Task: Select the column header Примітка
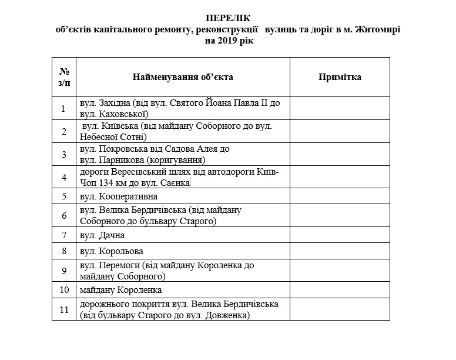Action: coord(340,77)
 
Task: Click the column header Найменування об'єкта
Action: coord(183,77)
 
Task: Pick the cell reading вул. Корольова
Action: coord(112,251)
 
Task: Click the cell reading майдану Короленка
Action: coord(120,290)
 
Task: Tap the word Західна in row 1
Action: coord(116,102)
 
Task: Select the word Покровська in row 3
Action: coord(122,149)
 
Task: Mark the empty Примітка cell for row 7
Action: coord(340,235)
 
